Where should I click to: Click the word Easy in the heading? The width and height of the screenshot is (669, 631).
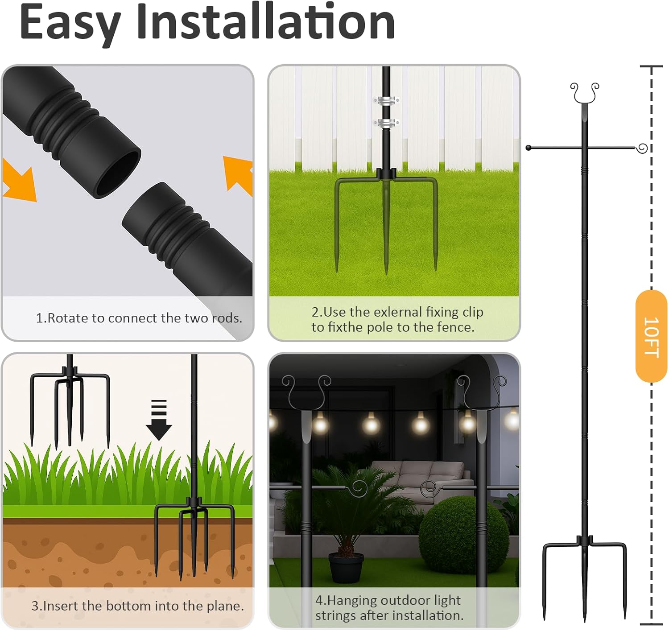click(x=70, y=22)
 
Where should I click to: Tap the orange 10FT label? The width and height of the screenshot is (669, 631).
click(x=651, y=336)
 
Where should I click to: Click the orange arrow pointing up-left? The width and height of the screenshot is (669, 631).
click(x=239, y=174)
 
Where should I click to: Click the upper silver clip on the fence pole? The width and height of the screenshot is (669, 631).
click(x=386, y=100)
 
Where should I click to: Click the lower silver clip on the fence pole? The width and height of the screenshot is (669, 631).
click(x=386, y=122)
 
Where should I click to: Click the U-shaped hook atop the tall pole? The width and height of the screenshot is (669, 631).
click(x=585, y=93)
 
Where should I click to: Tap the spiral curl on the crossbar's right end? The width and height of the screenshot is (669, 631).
click(x=642, y=148)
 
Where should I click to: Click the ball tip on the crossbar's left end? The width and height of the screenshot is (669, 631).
click(x=529, y=148)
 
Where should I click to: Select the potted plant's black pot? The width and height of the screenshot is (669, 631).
click(x=346, y=567)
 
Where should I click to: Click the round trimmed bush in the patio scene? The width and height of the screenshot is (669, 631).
click(x=463, y=536)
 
